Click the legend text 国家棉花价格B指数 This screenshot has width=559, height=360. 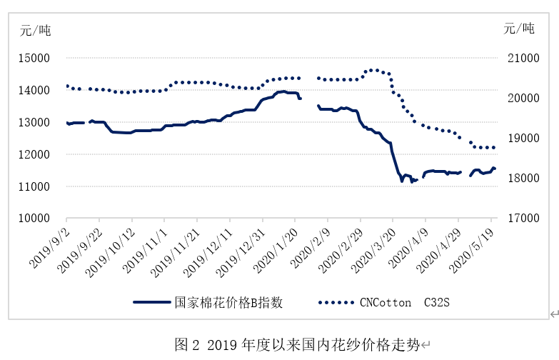pos(229,302)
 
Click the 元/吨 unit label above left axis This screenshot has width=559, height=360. pos(35,30)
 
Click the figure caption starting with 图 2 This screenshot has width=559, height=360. pos(298,344)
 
